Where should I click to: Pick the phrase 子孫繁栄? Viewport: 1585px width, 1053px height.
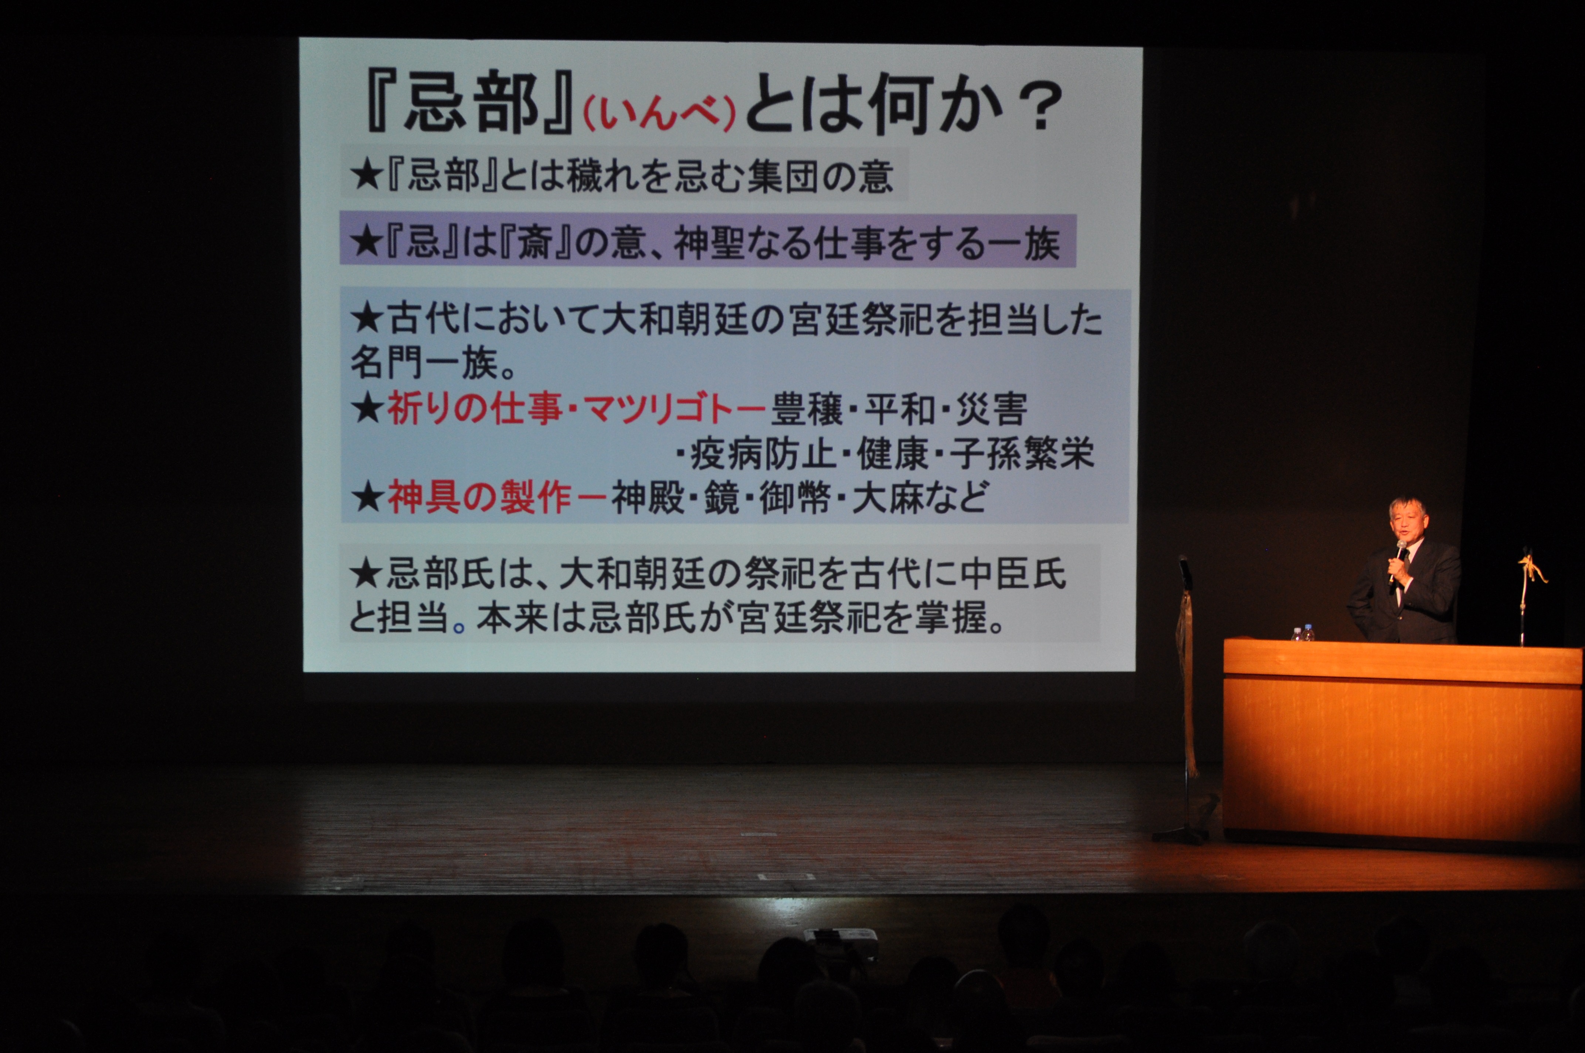pos(1022,454)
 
